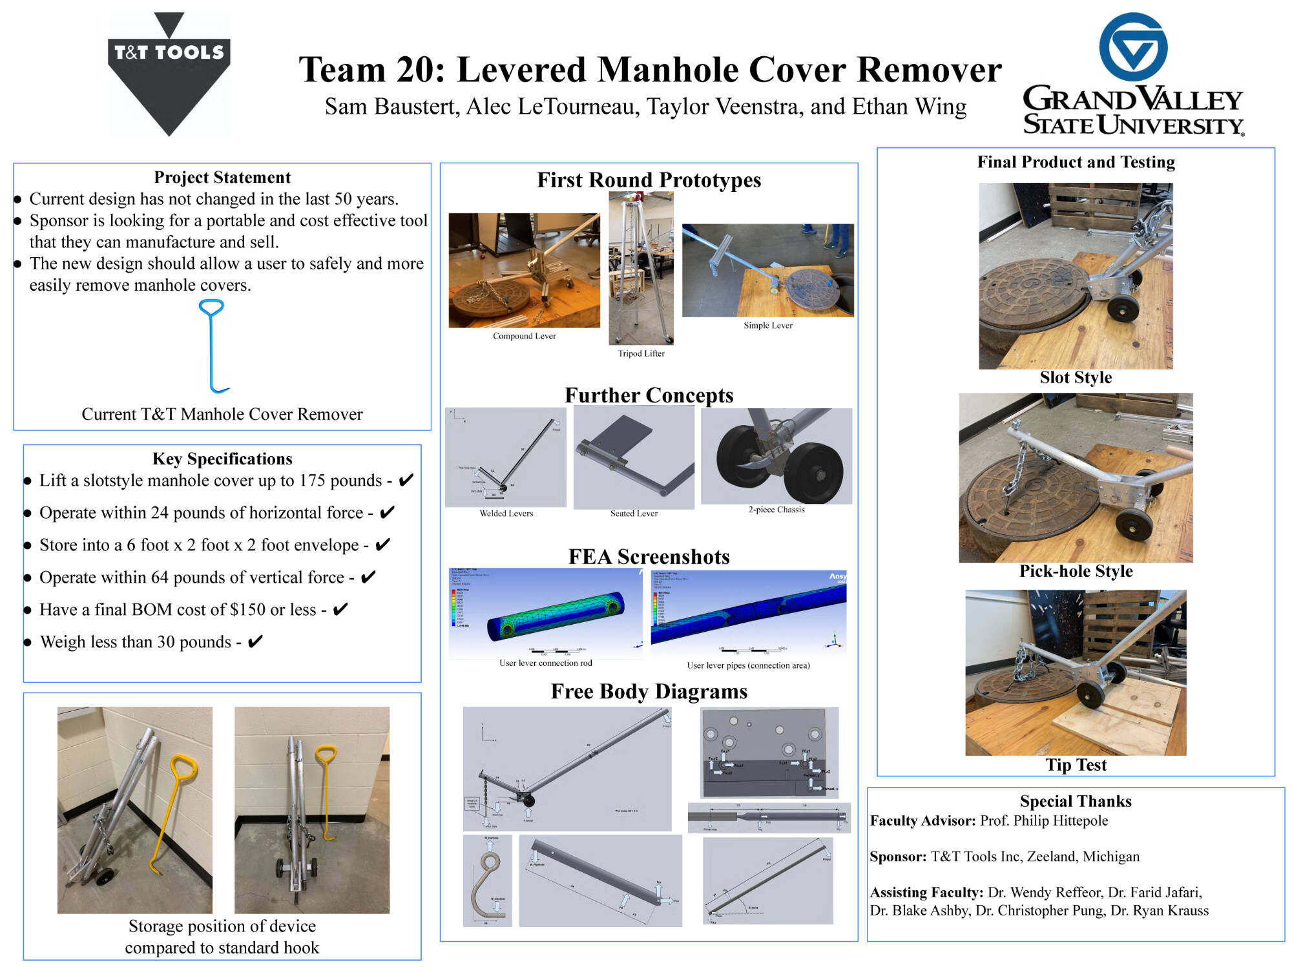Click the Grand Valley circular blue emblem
point(1133,47)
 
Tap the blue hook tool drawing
point(212,346)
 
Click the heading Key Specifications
point(222,459)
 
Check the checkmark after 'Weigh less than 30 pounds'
point(255,641)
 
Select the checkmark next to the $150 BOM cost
point(340,609)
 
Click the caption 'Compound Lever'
point(524,336)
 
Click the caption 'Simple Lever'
point(767,326)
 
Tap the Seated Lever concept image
point(634,457)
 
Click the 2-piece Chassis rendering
point(776,456)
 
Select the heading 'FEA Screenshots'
point(649,557)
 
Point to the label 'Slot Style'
point(1076,378)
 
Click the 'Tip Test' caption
point(1076,766)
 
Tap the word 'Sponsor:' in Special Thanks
point(898,857)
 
